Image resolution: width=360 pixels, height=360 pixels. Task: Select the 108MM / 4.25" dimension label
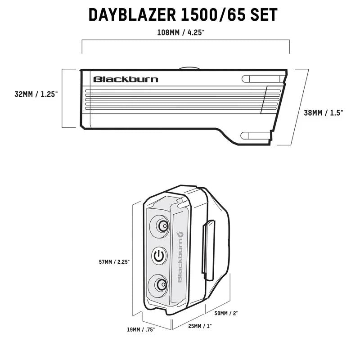click(x=185, y=32)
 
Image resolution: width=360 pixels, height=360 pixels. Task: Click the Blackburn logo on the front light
click(x=126, y=80)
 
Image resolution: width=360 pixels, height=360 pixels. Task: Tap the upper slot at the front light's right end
click(x=261, y=79)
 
